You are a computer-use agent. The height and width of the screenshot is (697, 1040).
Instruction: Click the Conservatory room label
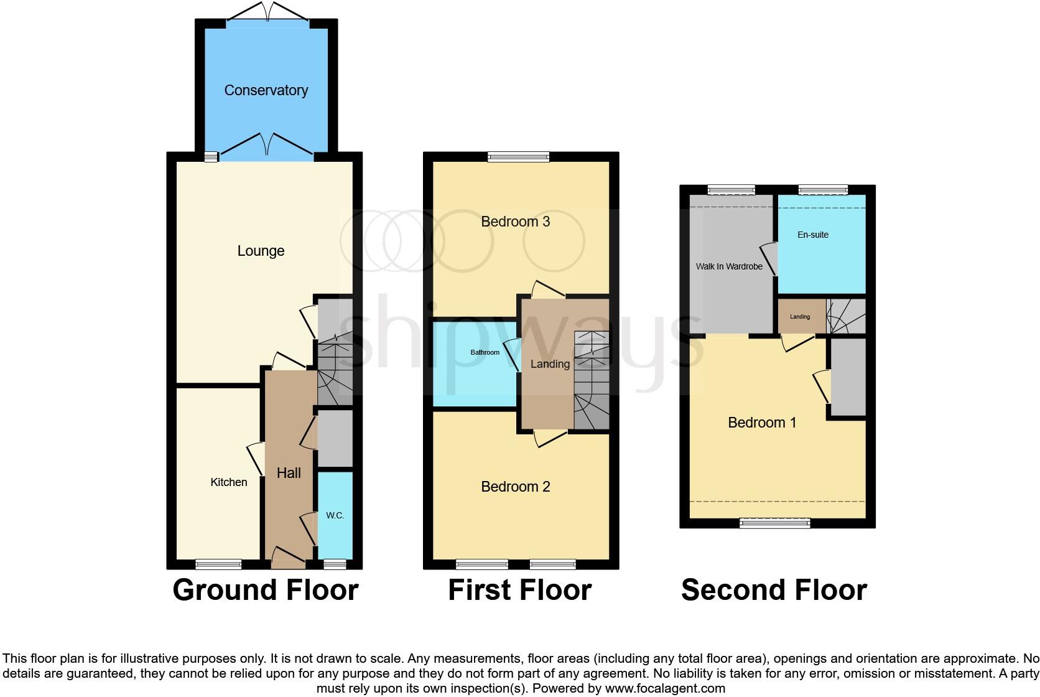tap(266, 90)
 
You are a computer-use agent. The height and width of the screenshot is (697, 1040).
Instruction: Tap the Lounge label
tap(261, 251)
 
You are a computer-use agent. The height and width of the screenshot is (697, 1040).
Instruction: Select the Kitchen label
tap(228, 482)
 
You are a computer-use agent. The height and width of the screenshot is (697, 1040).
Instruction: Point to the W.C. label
tap(335, 515)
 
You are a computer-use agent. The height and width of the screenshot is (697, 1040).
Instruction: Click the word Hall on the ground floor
tap(289, 473)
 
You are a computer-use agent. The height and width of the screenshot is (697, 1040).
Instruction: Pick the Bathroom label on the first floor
tap(485, 352)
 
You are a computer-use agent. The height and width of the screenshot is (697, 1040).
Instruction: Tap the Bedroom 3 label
tap(515, 222)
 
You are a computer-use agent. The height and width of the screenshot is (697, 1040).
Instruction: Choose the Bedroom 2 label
tap(515, 487)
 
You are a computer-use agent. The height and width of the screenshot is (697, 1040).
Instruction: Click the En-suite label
tap(813, 235)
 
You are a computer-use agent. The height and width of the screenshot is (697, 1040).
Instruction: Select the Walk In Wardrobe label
tap(729, 266)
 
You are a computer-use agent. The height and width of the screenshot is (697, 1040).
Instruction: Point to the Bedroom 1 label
tap(762, 423)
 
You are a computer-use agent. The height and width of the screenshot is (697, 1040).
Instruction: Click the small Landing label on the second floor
tap(800, 317)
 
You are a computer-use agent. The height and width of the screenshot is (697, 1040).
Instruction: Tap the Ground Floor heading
tap(266, 590)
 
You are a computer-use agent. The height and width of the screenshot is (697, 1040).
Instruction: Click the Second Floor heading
tap(774, 590)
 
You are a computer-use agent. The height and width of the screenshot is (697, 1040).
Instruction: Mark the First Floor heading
tap(519, 590)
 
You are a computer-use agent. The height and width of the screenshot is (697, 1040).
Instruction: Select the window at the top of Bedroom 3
tap(519, 157)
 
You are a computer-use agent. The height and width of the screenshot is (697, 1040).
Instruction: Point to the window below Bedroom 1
tap(774, 523)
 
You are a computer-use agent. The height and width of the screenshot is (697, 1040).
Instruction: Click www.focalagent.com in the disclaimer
tap(665, 688)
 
